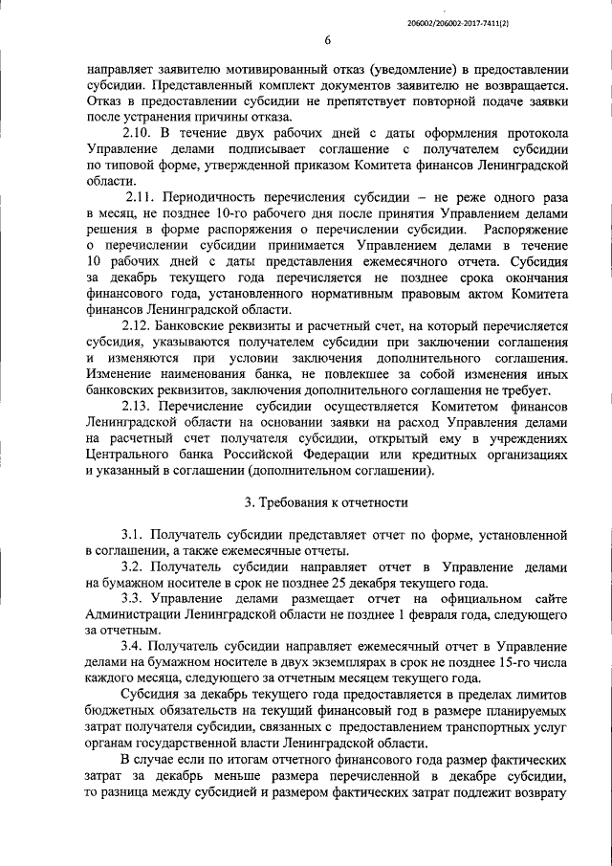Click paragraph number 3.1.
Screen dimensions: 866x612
(x=135, y=533)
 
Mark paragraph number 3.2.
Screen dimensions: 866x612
(x=135, y=566)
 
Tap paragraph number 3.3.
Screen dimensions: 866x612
(x=135, y=599)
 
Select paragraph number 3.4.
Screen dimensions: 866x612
(x=135, y=648)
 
